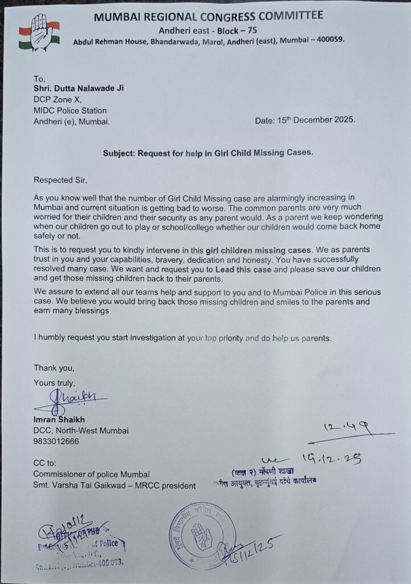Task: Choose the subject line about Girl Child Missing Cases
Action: [x=209, y=153]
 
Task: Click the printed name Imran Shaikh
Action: [x=59, y=420]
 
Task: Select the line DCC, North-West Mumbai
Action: [x=80, y=431]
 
